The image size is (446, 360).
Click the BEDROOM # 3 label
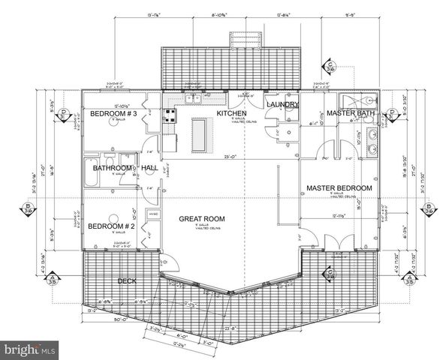[x=113, y=114]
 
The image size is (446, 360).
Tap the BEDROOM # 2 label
[x=111, y=226]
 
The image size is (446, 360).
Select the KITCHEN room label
[x=232, y=112]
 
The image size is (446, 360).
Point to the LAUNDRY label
[x=284, y=104]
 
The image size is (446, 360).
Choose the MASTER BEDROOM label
[x=339, y=187]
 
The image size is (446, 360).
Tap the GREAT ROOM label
[x=202, y=219]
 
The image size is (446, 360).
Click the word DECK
[x=127, y=280]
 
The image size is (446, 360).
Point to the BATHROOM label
[x=113, y=169]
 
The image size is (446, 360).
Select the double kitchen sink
[x=194, y=98]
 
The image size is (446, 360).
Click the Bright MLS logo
[x=30, y=349]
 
